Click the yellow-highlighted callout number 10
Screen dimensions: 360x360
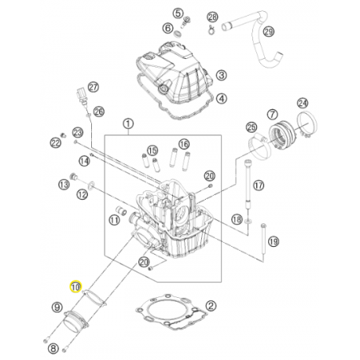tap(76, 287)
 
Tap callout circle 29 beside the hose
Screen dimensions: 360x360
tap(268, 31)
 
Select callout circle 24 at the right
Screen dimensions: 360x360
tap(302, 102)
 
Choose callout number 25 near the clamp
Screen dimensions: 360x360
tap(252, 127)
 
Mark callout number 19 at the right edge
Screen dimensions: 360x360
tap(272, 241)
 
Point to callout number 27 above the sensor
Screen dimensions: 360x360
tap(94, 86)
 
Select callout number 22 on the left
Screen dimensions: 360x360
tap(55, 142)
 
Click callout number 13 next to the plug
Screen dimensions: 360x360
tap(64, 184)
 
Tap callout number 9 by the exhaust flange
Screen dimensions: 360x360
tap(56, 307)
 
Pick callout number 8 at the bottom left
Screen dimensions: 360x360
tap(53, 347)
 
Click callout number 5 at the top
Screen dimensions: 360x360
tap(178, 14)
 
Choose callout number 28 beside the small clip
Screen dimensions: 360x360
tap(211, 17)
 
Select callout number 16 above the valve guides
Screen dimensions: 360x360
tap(184, 144)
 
